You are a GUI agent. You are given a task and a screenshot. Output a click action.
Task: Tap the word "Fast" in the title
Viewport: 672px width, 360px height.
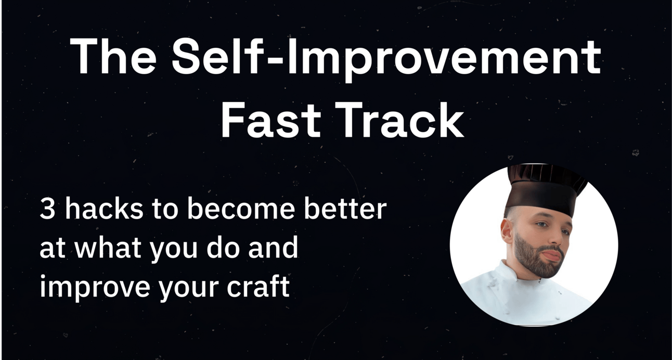point(271,120)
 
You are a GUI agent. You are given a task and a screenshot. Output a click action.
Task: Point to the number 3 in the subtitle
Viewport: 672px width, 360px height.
point(47,209)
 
